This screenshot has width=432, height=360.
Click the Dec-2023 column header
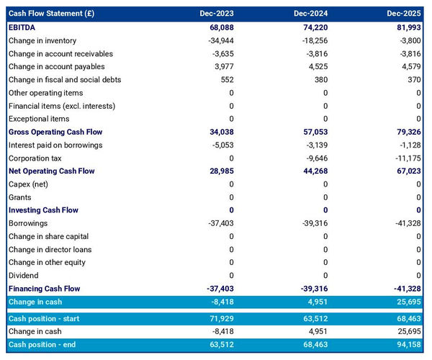point(217,14)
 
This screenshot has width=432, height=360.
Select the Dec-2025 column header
point(403,14)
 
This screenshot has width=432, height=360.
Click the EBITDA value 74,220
point(313,27)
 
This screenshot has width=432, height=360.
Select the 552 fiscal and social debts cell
point(226,80)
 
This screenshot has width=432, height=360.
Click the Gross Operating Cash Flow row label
point(55,132)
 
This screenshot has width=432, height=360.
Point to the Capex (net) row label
point(28,184)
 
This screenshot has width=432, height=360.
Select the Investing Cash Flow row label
point(43,210)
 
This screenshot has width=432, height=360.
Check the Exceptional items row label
point(39,119)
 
